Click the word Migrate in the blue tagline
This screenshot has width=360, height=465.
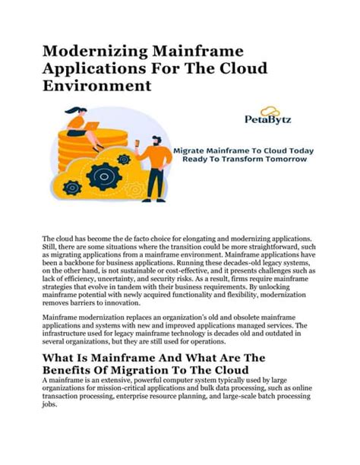tap(190, 150)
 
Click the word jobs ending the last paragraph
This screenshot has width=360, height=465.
tap(50, 406)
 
